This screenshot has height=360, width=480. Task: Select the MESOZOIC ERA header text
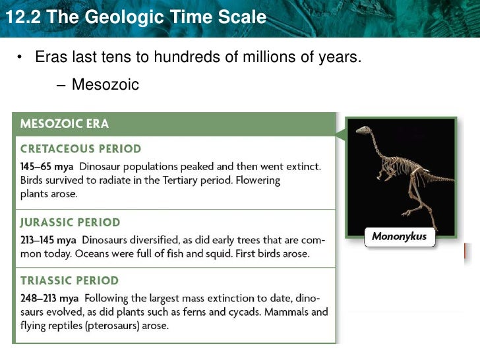click(65, 124)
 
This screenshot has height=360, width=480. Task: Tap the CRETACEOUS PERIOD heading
click(80, 149)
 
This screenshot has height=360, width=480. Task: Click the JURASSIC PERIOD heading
click(71, 222)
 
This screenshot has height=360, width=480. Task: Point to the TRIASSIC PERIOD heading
click(70, 281)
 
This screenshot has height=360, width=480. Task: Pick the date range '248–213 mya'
click(49, 298)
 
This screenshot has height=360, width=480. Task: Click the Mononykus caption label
click(400, 236)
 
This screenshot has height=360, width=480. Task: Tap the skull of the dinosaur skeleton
click(363, 130)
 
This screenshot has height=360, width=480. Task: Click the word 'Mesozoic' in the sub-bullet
click(105, 84)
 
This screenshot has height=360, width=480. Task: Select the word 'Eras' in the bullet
click(49, 57)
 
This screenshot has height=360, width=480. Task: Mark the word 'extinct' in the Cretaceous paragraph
click(303, 166)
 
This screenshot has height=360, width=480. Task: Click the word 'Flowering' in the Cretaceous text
click(258, 180)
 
